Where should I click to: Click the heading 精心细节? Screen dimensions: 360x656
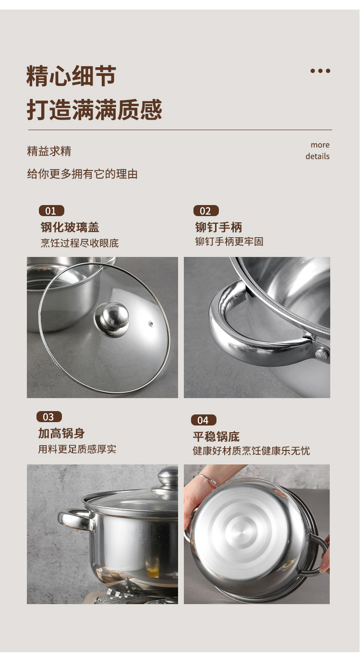[71, 76]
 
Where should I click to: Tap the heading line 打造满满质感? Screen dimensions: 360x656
[94, 109]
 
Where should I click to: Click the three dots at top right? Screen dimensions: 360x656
[320, 71]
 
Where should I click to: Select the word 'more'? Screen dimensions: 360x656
[320, 145]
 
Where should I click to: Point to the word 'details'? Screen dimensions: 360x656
[317, 156]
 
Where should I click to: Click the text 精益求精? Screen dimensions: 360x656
[49, 151]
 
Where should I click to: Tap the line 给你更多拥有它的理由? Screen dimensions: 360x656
[82, 174]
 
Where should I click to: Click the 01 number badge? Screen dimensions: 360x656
[51, 211]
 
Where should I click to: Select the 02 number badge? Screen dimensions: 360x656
[206, 211]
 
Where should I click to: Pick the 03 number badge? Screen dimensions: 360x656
[49, 417]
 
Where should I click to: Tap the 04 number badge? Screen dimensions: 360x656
[204, 420]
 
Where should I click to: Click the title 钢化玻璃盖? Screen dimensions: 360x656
[70, 227]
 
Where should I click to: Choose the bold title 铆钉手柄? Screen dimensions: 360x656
[218, 227]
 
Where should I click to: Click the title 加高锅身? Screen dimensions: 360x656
[61, 434]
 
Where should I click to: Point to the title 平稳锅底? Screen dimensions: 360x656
[216, 437]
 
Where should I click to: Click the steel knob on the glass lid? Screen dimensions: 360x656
[111, 320]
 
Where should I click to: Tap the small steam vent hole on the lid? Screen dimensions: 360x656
[151, 324]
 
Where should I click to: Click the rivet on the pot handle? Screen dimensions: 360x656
[322, 353]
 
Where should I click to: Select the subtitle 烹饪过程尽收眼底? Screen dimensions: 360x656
[80, 243]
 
